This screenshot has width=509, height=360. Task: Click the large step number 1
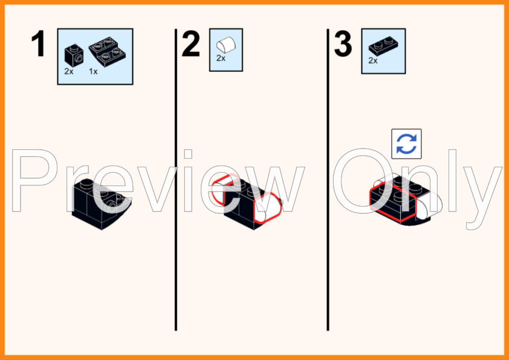point(39,43)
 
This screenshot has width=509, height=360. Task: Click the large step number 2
point(191,43)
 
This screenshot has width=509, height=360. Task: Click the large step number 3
point(343,43)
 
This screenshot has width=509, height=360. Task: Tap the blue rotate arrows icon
point(406,144)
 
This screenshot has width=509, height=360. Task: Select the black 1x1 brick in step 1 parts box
point(74,56)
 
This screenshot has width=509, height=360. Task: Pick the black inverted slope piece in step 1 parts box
point(108,51)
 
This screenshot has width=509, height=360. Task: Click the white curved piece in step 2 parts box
point(226,45)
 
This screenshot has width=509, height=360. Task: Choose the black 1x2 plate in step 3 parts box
point(383,47)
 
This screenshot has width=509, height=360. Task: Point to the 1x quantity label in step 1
point(93,72)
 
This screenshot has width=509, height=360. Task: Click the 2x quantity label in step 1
point(69,72)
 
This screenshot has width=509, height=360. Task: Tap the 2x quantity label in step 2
point(221,58)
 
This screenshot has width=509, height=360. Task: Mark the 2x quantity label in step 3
point(373,60)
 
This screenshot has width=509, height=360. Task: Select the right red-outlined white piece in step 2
point(267,208)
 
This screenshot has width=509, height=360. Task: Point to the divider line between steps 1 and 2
point(176,179)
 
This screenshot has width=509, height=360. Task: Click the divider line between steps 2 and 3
point(328,179)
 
